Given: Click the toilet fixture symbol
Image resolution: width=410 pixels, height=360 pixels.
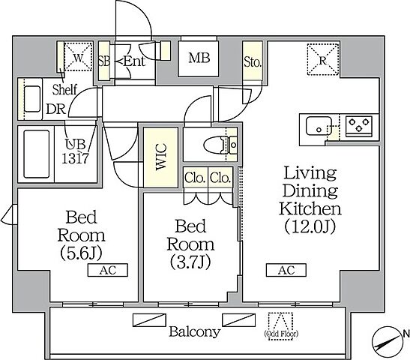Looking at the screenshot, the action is point(220,145).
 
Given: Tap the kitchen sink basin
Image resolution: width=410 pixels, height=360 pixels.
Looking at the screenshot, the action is point(319,126).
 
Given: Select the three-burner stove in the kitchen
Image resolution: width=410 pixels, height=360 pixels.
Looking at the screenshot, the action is point(359,125).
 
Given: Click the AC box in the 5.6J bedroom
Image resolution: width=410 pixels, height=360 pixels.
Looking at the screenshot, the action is point(107,270).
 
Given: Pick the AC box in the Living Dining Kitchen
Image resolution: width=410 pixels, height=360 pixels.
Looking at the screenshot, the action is point(286,270).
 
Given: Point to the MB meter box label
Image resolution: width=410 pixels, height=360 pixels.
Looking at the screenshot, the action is point(199,58).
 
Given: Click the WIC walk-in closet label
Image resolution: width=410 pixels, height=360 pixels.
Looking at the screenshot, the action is point(161,157).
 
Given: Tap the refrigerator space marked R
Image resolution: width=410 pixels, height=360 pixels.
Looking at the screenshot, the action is point(323,60).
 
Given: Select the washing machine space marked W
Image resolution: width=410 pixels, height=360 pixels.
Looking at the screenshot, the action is point(78,57).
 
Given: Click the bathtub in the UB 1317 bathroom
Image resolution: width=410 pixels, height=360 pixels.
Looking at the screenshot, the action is point(36,154).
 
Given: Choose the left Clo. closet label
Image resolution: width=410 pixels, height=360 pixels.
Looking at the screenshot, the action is point(195,178).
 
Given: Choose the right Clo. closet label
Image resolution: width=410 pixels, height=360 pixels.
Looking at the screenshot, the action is point(220,178).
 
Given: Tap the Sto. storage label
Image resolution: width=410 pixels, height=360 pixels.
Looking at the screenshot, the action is point(253,62).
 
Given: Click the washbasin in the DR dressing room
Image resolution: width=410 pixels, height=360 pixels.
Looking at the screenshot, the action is point(32,99).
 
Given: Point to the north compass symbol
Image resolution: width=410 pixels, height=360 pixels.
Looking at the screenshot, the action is point(387,341).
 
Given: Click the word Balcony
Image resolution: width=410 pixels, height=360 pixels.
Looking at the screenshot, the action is point(195,332).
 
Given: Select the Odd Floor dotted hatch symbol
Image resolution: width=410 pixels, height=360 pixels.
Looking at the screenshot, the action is point(280,326).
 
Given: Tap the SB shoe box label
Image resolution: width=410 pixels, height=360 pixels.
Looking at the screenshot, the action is point(103,61).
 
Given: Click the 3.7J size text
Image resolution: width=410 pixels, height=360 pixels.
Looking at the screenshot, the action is point(190,262).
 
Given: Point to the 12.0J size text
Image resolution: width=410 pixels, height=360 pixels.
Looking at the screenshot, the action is point(310,226).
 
